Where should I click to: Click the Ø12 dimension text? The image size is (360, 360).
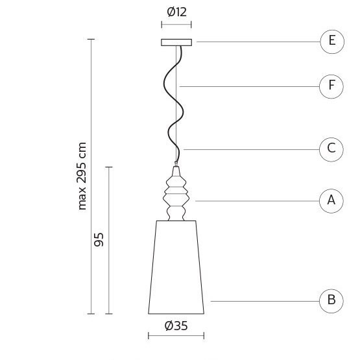point(177,12)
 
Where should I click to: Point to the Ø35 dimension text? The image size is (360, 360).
point(176,326)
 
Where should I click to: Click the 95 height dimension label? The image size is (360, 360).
point(99,240)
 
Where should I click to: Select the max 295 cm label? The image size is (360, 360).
point(82,176)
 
